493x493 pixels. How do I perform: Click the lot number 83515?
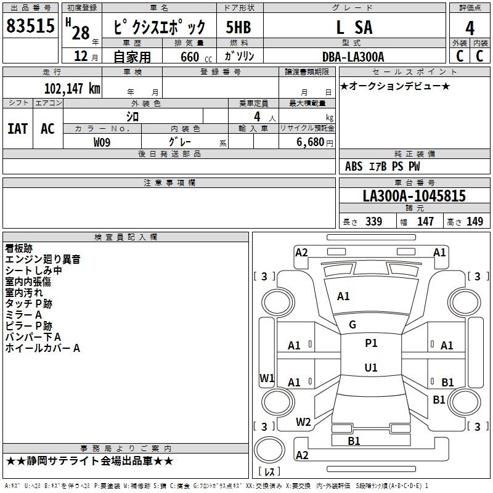pos(30,26)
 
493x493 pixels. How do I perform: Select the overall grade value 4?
pos(470,28)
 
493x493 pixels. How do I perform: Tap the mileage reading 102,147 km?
pos(72,88)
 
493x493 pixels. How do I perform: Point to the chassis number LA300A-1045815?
pos(414,196)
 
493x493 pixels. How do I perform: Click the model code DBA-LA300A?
pos(353,57)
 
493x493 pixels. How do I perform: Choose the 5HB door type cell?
pos(238,27)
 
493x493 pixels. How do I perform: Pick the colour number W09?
pos(102,142)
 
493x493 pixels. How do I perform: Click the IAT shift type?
pos(18,129)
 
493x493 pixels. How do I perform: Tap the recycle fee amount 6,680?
pos(311,142)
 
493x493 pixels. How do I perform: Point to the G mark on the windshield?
pos(352,325)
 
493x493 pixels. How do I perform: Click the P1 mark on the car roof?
pos(371,343)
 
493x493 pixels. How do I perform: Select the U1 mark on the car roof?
pos(371,367)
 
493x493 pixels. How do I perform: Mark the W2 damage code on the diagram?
pos(303,422)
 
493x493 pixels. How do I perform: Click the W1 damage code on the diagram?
pos(267,378)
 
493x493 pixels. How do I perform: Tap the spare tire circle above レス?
pos(269,450)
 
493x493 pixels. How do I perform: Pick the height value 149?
pos(475,221)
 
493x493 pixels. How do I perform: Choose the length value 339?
pos(374,221)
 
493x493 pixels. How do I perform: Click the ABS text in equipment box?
pos(354,166)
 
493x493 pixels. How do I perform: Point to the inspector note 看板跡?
pos(19,248)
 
